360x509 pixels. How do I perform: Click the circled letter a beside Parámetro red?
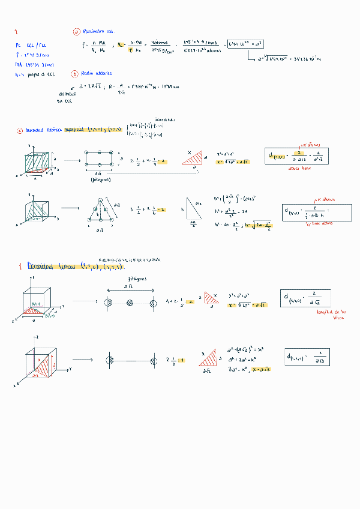76,31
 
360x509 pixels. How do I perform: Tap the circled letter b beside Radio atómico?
75,73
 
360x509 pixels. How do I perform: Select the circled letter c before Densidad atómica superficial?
20,130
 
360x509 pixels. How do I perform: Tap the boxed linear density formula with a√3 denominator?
308,358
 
